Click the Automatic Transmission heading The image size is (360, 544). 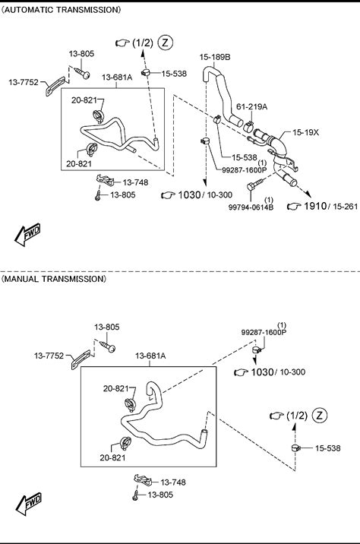61,10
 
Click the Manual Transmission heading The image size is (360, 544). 54,279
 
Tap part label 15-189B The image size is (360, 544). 215,57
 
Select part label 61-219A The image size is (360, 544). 252,106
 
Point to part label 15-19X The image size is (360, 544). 305,132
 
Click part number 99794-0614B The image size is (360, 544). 251,207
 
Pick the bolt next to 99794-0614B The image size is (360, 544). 255,184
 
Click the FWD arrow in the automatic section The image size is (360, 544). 27,234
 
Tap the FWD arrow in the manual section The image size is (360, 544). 28,504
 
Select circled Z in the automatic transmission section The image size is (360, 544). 165,43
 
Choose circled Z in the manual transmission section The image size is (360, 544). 320,415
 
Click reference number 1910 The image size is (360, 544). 315,206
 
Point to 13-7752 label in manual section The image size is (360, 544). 49,356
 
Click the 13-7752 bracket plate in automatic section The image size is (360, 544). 56,86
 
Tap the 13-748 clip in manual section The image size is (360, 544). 143,480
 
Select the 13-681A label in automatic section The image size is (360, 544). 117,77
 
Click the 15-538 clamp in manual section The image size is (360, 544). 296,448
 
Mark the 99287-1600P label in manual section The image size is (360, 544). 264,332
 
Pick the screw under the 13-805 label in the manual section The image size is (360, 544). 108,346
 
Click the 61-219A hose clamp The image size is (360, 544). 248,126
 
